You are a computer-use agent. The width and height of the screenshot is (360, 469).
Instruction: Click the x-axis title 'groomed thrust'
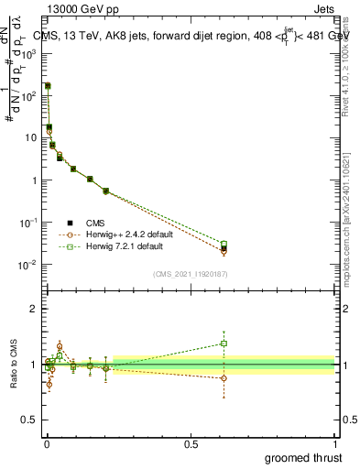point(303,455)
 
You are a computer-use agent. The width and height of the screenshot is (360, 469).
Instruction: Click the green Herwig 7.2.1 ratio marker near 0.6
point(224,344)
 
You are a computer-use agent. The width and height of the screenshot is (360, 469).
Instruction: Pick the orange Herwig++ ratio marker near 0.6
point(224,377)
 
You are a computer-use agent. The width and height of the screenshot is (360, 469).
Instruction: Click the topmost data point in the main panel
point(48,85)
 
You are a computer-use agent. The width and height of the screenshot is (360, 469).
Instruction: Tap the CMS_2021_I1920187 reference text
point(190,274)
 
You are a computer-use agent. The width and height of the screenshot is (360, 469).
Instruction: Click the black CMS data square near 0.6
point(224,248)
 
